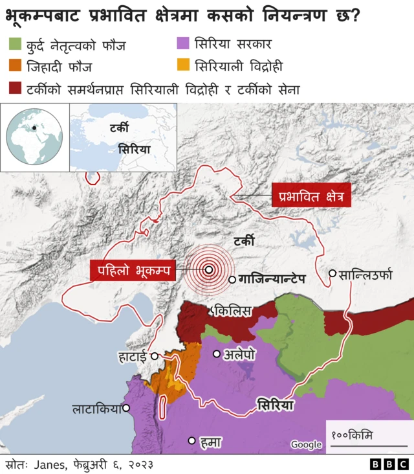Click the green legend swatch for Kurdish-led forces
click(x=16, y=45)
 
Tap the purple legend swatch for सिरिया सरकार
click(x=183, y=45)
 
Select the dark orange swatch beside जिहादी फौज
click(x=16, y=66)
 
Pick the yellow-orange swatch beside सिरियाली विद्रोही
click(x=183, y=66)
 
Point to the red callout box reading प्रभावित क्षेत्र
click(x=311, y=194)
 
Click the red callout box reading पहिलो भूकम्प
click(x=133, y=271)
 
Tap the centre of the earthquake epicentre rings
click(x=209, y=271)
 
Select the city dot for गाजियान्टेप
click(x=232, y=280)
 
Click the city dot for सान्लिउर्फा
click(x=332, y=273)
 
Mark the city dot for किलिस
click(x=211, y=311)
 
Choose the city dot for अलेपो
click(x=217, y=354)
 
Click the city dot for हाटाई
click(x=155, y=356)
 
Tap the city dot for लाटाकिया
click(x=126, y=408)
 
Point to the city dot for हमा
click(x=191, y=441)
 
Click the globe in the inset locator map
click(x=34, y=137)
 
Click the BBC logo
click(x=388, y=464)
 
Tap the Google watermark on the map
click(x=306, y=444)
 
